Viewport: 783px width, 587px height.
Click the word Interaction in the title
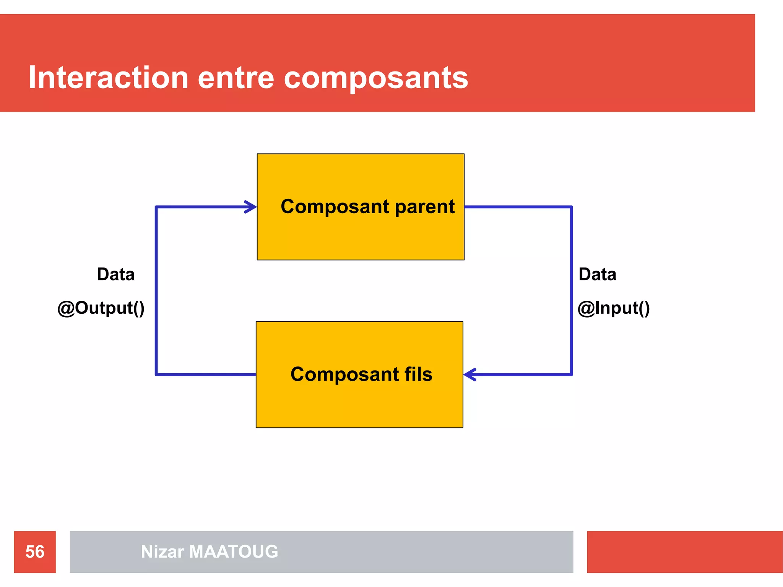(x=109, y=78)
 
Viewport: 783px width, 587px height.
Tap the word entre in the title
(x=236, y=78)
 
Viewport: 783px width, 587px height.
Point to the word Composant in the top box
(x=335, y=207)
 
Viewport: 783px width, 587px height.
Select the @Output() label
(x=101, y=308)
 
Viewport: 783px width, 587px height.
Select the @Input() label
(x=613, y=308)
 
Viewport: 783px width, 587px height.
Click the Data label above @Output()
(x=115, y=274)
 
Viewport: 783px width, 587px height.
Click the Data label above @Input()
(x=597, y=274)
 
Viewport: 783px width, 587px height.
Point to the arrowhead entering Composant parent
(x=252, y=207)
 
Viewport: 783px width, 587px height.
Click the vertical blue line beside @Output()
(x=156, y=290)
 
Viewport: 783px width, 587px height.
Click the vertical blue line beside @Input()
(x=571, y=290)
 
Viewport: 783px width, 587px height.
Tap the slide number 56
(x=35, y=552)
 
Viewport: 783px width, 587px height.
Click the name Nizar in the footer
(x=162, y=552)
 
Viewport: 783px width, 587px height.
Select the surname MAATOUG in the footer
(x=233, y=552)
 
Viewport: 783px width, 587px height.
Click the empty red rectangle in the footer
(x=684, y=552)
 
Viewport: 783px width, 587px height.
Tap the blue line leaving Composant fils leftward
(x=206, y=375)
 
